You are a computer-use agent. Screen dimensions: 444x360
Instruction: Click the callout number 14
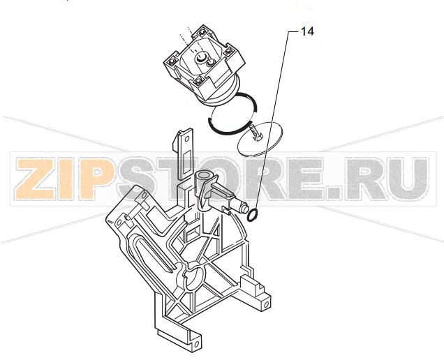click(x=307, y=31)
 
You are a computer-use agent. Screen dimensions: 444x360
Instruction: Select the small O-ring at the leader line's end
click(x=253, y=215)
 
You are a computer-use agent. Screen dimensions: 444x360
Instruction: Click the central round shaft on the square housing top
click(x=201, y=57)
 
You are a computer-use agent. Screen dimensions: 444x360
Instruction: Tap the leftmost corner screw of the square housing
click(x=172, y=61)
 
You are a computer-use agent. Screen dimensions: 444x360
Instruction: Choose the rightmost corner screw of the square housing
click(x=228, y=52)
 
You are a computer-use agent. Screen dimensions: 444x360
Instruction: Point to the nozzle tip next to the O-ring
click(x=244, y=209)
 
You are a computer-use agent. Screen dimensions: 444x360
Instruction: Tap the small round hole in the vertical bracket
click(x=186, y=139)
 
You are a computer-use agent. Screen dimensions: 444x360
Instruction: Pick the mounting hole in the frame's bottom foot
click(x=195, y=345)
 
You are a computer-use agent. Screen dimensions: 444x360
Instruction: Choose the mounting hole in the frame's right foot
click(x=265, y=304)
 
